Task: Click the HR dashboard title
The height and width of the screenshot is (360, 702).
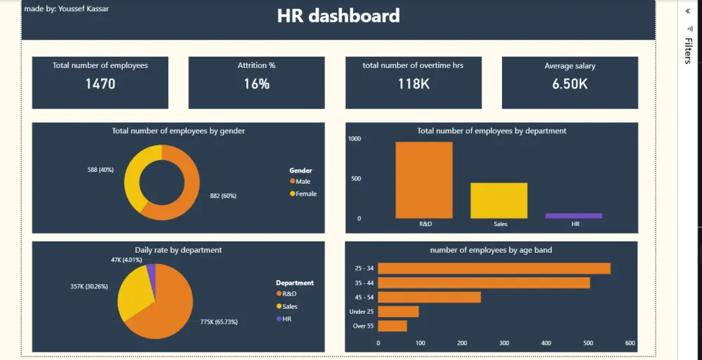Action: coord(338,16)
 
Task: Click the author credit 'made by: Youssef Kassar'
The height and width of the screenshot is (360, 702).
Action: coord(67,8)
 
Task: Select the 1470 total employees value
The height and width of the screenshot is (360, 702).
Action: coord(100,84)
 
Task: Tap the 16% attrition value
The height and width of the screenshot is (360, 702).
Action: coord(256,84)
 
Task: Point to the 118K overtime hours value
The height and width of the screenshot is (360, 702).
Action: coord(413,84)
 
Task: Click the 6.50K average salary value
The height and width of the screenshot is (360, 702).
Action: coord(569,84)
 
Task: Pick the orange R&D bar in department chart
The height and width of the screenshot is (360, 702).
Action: coord(424,180)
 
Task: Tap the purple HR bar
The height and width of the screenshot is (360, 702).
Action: coord(574,216)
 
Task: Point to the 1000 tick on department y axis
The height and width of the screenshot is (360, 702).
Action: coord(355,139)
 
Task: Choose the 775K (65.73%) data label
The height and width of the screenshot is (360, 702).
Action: coord(218,322)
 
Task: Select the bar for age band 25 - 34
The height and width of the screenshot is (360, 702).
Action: coord(494,268)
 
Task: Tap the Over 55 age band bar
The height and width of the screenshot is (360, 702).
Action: coord(392,326)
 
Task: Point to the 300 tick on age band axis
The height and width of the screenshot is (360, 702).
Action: coord(504,343)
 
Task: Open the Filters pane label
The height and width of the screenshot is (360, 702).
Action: coord(688,51)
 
